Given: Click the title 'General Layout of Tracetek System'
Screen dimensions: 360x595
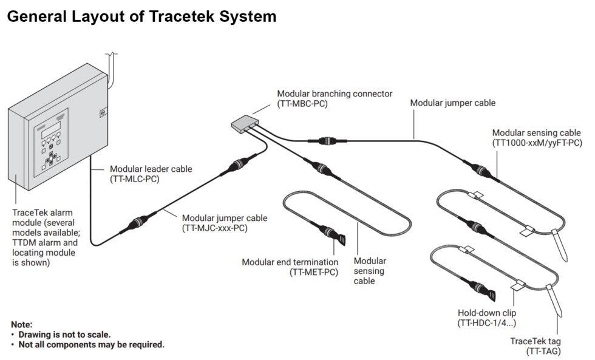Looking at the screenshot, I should coord(141,16).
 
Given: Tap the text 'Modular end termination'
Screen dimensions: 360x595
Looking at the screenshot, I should coord(290,262).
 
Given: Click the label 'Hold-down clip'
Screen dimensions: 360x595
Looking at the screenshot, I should coord(488,313).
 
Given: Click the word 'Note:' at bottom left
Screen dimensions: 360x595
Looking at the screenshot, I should coord(22,325).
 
